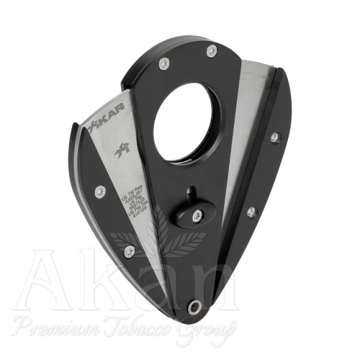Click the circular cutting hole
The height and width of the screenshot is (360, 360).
[187, 120]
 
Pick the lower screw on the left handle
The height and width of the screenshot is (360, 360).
[129, 250]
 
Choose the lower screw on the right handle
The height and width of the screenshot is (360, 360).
[251, 212]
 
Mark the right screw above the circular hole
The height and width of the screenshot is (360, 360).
[212, 50]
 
